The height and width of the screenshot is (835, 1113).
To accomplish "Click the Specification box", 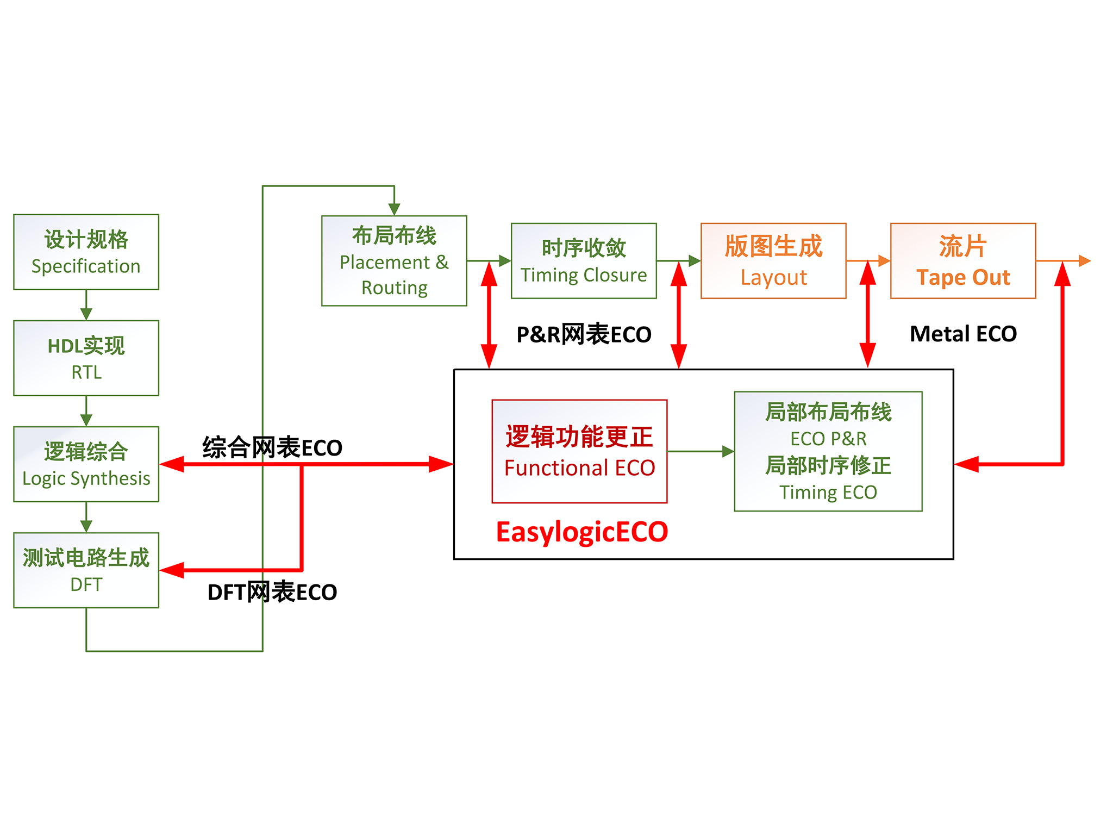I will pyautogui.click(x=86, y=252).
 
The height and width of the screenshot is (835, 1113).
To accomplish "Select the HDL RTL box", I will pyautogui.click(x=86, y=358).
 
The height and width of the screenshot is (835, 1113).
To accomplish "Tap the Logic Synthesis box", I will pyautogui.click(x=86, y=464).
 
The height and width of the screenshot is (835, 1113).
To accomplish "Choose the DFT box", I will pyautogui.click(x=86, y=570).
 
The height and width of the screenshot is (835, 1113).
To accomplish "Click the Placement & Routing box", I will pyautogui.click(x=394, y=260).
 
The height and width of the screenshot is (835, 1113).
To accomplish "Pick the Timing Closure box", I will pyautogui.click(x=584, y=260).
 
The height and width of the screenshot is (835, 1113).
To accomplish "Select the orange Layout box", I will pyautogui.click(x=773, y=260).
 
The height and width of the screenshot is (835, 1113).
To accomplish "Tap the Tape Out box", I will pyautogui.click(x=963, y=260).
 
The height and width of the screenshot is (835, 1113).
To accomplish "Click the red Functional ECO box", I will pyautogui.click(x=579, y=451).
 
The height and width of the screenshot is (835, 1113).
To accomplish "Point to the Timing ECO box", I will pyautogui.click(x=828, y=451).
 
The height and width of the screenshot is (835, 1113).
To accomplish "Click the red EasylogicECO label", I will pyautogui.click(x=581, y=532).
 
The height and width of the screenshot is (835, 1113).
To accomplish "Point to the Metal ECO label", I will pyautogui.click(x=963, y=334).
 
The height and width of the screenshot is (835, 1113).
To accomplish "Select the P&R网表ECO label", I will pyautogui.click(x=584, y=334).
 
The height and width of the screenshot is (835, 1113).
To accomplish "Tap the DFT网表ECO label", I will pyautogui.click(x=272, y=592).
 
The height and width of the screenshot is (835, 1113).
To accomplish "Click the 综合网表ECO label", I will pyautogui.click(x=272, y=447).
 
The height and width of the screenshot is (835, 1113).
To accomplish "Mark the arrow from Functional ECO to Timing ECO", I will pyautogui.click(x=701, y=451).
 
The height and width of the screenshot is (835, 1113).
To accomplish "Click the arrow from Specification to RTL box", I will pyautogui.click(x=86, y=305).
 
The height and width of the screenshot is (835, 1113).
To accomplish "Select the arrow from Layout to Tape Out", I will pyautogui.click(x=868, y=261).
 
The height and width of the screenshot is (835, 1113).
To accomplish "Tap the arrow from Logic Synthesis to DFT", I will pyautogui.click(x=86, y=517).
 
